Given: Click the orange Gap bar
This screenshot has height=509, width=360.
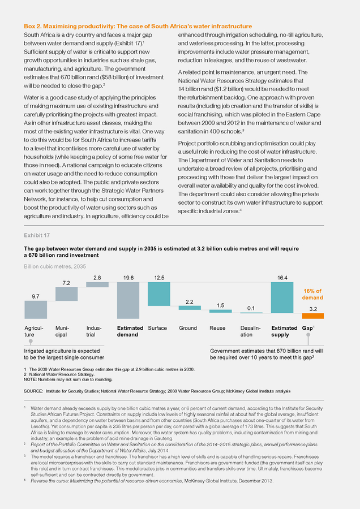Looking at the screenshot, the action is [313, 316].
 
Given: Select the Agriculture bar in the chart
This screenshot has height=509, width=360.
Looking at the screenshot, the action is [36, 310].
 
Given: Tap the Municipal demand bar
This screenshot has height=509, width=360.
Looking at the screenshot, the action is [67, 294].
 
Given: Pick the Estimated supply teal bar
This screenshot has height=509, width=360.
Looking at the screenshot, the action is [282, 297].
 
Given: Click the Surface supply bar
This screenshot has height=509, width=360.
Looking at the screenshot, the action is [159, 294].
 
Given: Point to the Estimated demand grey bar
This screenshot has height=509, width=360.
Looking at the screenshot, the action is [128, 300].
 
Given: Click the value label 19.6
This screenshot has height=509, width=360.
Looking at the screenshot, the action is [128, 278].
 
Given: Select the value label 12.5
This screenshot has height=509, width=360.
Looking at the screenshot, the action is [159, 278].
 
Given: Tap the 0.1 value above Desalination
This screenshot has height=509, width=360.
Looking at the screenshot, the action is [251, 308].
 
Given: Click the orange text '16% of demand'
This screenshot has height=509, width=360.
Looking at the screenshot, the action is [312, 295].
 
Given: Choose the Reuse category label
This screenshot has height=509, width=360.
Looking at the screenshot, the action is [217, 328].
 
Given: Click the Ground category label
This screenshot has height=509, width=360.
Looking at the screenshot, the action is [188, 328].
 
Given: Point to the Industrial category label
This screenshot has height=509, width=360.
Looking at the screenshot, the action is [94, 331].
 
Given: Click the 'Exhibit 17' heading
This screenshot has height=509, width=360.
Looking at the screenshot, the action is [37, 235].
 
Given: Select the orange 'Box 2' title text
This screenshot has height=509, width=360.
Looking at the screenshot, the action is [138, 26].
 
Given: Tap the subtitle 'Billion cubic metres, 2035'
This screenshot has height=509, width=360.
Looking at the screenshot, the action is [55, 266].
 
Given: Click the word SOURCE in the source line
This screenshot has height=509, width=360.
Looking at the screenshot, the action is [33, 391].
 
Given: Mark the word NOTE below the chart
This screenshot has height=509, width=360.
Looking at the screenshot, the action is [30, 379].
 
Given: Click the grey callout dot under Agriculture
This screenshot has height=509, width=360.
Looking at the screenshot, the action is [31, 341].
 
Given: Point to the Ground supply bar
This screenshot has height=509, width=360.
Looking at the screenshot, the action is [190, 308].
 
